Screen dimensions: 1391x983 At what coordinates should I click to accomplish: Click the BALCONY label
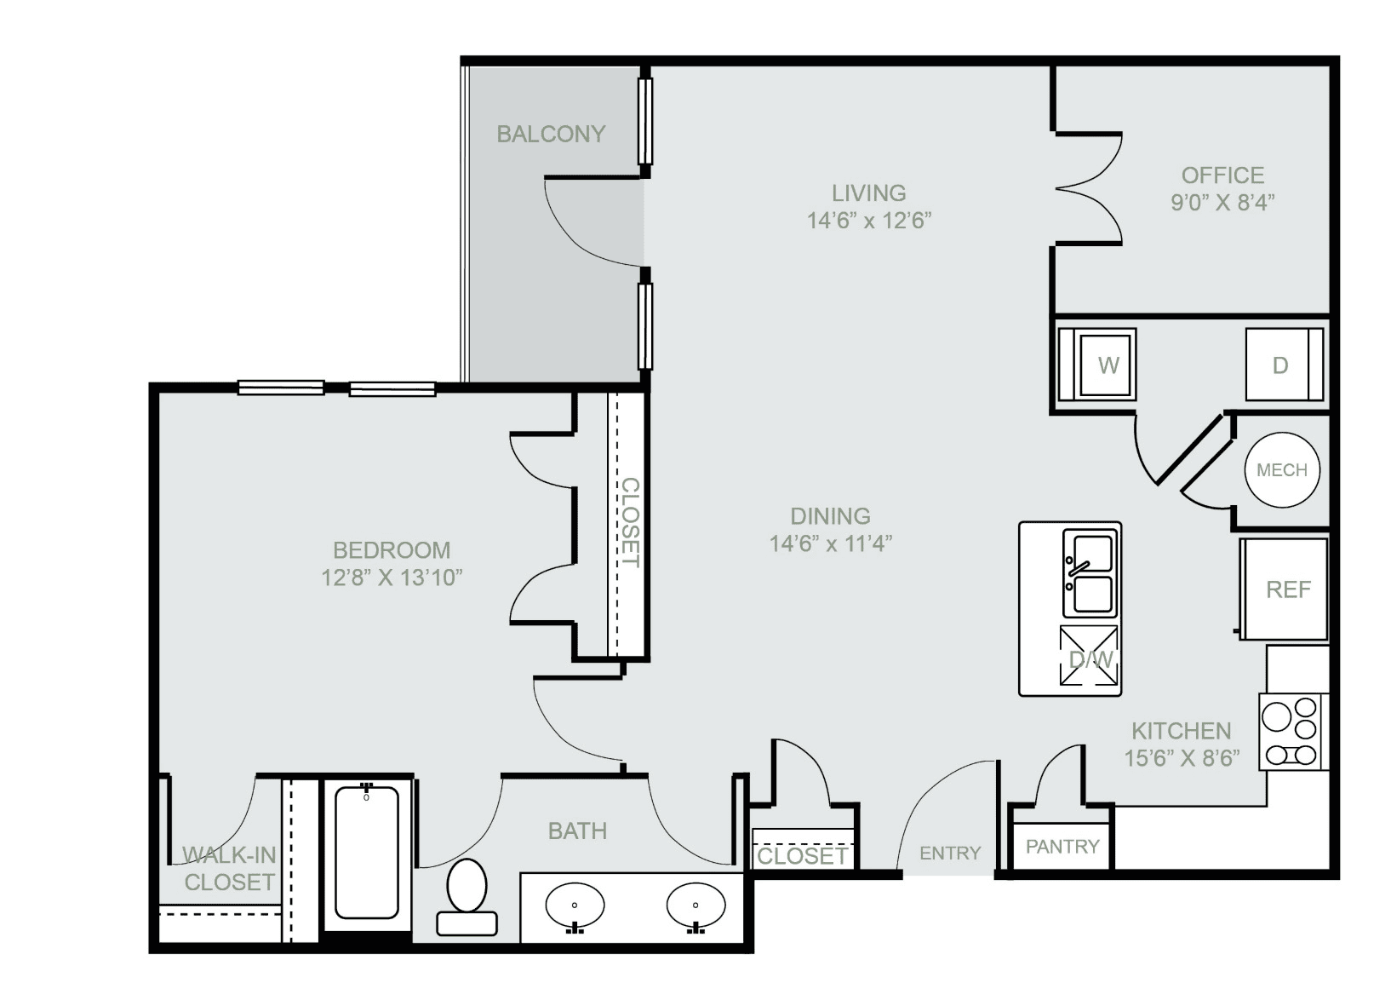[x=551, y=134]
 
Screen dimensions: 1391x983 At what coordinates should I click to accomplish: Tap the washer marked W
[x=1097, y=364]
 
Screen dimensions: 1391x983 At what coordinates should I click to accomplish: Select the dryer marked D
[x=1285, y=364]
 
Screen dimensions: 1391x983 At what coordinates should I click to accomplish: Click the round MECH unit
[x=1282, y=469]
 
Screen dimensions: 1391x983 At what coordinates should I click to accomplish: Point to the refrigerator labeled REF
[x=1284, y=589]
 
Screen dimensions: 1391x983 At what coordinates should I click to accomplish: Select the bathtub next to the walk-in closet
[x=366, y=856]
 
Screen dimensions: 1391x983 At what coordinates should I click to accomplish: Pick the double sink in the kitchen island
[x=1090, y=573]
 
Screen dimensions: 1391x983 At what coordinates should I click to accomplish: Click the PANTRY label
[x=1062, y=847]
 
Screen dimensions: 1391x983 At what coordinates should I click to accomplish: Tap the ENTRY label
[x=950, y=854]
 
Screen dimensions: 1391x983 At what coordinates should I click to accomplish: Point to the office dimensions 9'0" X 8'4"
[x=1222, y=203]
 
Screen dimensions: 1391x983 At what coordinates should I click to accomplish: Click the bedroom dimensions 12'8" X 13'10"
[x=392, y=578]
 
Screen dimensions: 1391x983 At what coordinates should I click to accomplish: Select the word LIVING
[x=869, y=193]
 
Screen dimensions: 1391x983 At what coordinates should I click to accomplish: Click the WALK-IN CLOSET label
[x=229, y=869]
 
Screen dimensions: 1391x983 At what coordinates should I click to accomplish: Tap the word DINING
[x=830, y=516]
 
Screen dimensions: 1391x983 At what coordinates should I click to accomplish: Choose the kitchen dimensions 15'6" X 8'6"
[x=1182, y=758]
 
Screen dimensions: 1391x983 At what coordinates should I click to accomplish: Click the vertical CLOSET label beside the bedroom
[x=630, y=522]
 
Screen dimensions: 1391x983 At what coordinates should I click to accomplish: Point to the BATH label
[x=577, y=831]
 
